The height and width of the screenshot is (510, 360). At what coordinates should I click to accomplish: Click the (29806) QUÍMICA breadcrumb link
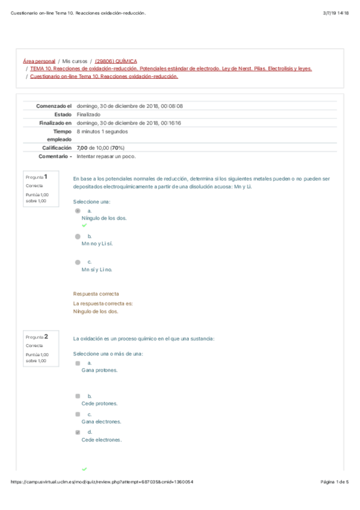(x=116, y=61)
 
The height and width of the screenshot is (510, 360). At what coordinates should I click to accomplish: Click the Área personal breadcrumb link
(x=39, y=61)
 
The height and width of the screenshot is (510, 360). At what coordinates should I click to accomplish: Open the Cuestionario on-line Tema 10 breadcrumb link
(x=103, y=76)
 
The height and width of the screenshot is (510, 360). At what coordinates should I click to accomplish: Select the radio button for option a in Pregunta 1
(x=78, y=211)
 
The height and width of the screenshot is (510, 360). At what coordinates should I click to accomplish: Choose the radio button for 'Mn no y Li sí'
(x=78, y=236)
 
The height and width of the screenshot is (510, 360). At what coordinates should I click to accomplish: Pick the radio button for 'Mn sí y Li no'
(x=78, y=262)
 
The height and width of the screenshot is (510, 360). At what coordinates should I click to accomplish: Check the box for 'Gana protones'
(x=78, y=363)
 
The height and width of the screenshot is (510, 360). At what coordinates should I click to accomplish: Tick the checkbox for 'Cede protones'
(x=78, y=396)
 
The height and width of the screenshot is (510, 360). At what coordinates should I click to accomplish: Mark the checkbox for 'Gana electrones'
(x=78, y=414)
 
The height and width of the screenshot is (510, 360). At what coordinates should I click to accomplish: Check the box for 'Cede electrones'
(x=78, y=432)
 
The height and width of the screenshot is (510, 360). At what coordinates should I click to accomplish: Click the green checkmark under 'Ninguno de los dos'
(x=84, y=226)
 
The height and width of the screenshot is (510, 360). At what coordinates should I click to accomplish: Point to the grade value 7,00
(x=82, y=148)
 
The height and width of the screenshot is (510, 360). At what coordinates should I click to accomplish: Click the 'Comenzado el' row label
(x=54, y=106)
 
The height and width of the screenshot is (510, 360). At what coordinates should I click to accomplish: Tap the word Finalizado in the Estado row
(x=89, y=114)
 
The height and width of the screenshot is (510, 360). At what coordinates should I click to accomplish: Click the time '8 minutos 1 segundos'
(x=102, y=131)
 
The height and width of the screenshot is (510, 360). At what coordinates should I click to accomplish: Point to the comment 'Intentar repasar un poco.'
(x=106, y=156)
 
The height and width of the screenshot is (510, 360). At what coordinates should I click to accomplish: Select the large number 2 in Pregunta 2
(x=46, y=336)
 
